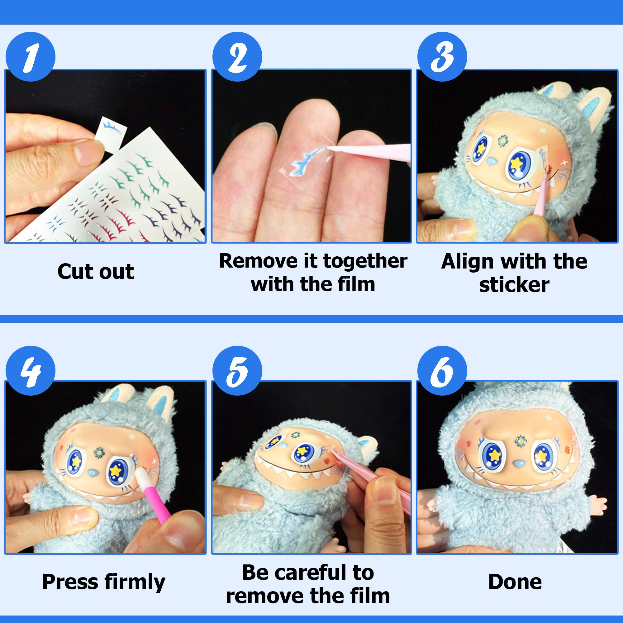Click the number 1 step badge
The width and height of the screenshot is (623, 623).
coord(30,57)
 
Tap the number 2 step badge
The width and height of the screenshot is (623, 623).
coord(237,57)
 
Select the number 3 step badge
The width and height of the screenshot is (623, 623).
coord(442,57)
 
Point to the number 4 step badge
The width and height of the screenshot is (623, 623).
coord(30,371)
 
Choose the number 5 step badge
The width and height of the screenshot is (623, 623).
coord(237,371)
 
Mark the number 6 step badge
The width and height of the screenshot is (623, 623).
coord(442,371)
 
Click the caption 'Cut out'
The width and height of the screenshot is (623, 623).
coord(95,272)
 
